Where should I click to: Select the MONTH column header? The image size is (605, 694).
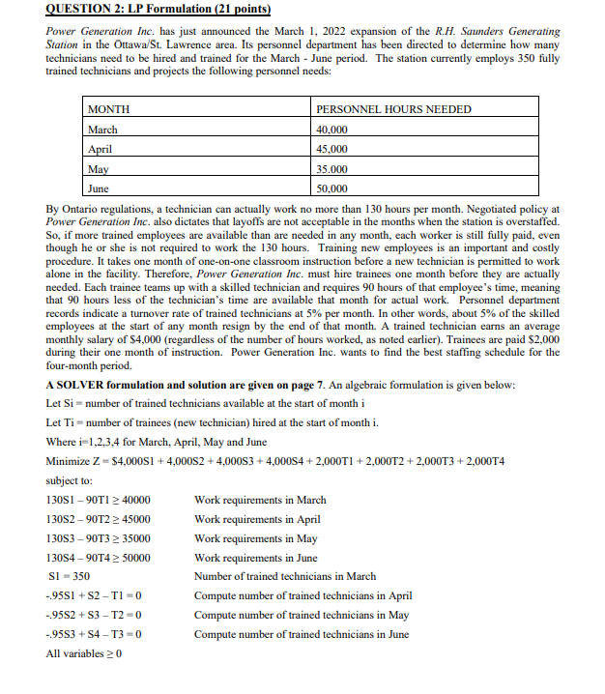click(x=109, y=109)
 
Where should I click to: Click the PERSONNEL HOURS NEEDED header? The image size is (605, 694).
click(x=393, y=109)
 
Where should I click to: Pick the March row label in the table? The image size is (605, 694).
click(x=102, y=130)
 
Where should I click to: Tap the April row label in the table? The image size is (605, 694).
click(x=101, y=149)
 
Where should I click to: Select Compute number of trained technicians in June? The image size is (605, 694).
click(x=301, y=635)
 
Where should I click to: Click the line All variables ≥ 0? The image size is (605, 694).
click(x=84, y=654)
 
